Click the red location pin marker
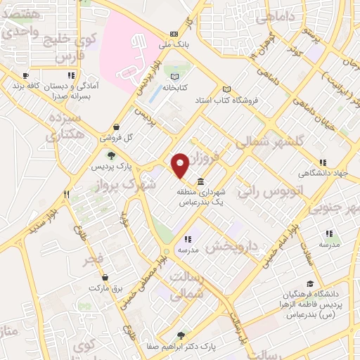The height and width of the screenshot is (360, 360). [181, 165]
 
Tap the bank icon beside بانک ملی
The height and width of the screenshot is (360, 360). [174, 33]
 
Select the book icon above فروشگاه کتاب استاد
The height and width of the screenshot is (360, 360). [226, 89]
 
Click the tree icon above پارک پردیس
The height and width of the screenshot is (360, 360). [111, 155]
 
